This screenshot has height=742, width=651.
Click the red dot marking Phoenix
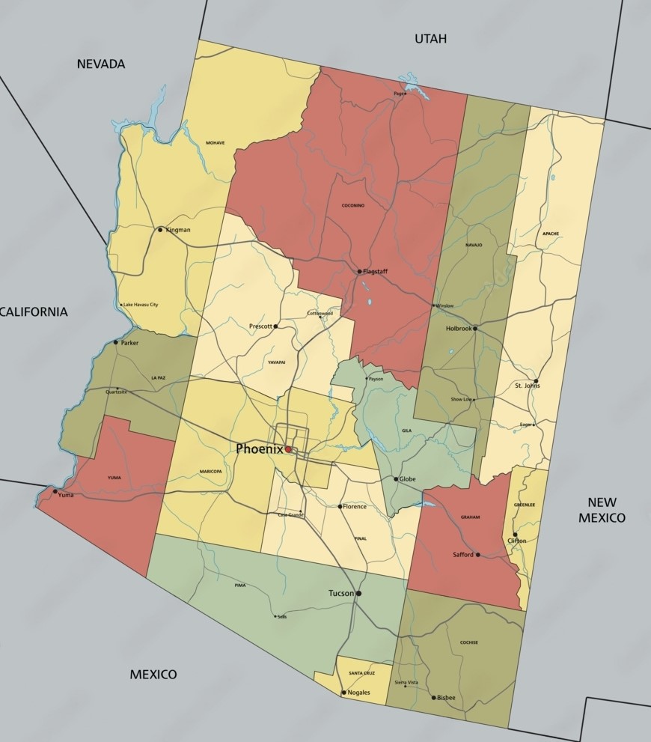click(288, 450)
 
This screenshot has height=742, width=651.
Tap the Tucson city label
click(341, 594)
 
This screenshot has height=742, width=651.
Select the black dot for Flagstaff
click(359, 272)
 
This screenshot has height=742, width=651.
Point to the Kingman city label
click(178, 230)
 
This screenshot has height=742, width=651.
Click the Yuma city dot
click(55, 492)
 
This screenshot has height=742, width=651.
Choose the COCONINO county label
click(352, 205)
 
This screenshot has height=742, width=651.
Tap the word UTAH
click(430, 38)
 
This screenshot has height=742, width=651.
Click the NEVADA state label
click(101, 64)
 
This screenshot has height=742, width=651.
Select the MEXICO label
click(153, 675)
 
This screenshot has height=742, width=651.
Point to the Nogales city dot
click(343, 693)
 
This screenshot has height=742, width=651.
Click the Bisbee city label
click(446, 698)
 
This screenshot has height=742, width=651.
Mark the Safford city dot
click(477, 555)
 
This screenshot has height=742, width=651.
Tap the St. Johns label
click(526, 386)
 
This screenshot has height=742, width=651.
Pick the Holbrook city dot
click(474, 329)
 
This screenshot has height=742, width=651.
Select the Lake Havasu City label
click(141, 305)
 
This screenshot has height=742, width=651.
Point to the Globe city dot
click(396, 479)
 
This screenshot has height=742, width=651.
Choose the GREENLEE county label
click(524, 505)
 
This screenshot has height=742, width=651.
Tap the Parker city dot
click(115, 343)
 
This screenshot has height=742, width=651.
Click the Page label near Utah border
click(398, 94)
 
